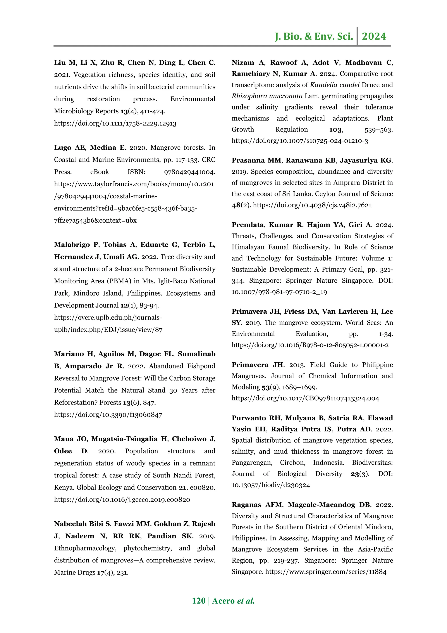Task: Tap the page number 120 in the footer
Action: click(x=199, y=600)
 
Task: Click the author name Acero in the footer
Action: click(x=223, y=600)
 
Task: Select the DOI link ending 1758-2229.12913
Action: click(x=115, y=123)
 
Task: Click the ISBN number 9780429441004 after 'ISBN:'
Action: click(x=189, y=172)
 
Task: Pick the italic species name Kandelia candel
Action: click(x=335, y=85)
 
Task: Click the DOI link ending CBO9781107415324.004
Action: click(x=305, y=398)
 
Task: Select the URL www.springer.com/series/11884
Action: click(x=326, y=572)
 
